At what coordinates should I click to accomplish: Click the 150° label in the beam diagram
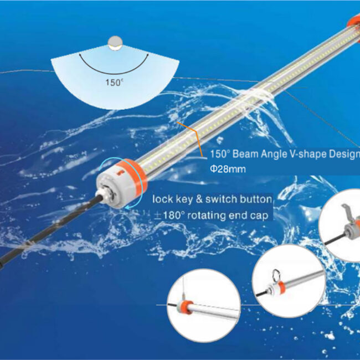coord(114,83)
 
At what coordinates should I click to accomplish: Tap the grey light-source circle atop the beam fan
coord(115,43)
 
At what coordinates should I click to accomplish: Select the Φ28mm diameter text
coord(228,169)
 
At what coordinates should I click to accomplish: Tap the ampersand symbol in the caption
coord(199,199)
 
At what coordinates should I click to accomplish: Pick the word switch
coord(220,199)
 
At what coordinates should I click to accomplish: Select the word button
coord(255,199)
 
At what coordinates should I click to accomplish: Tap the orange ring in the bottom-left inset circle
coord(186,307)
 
